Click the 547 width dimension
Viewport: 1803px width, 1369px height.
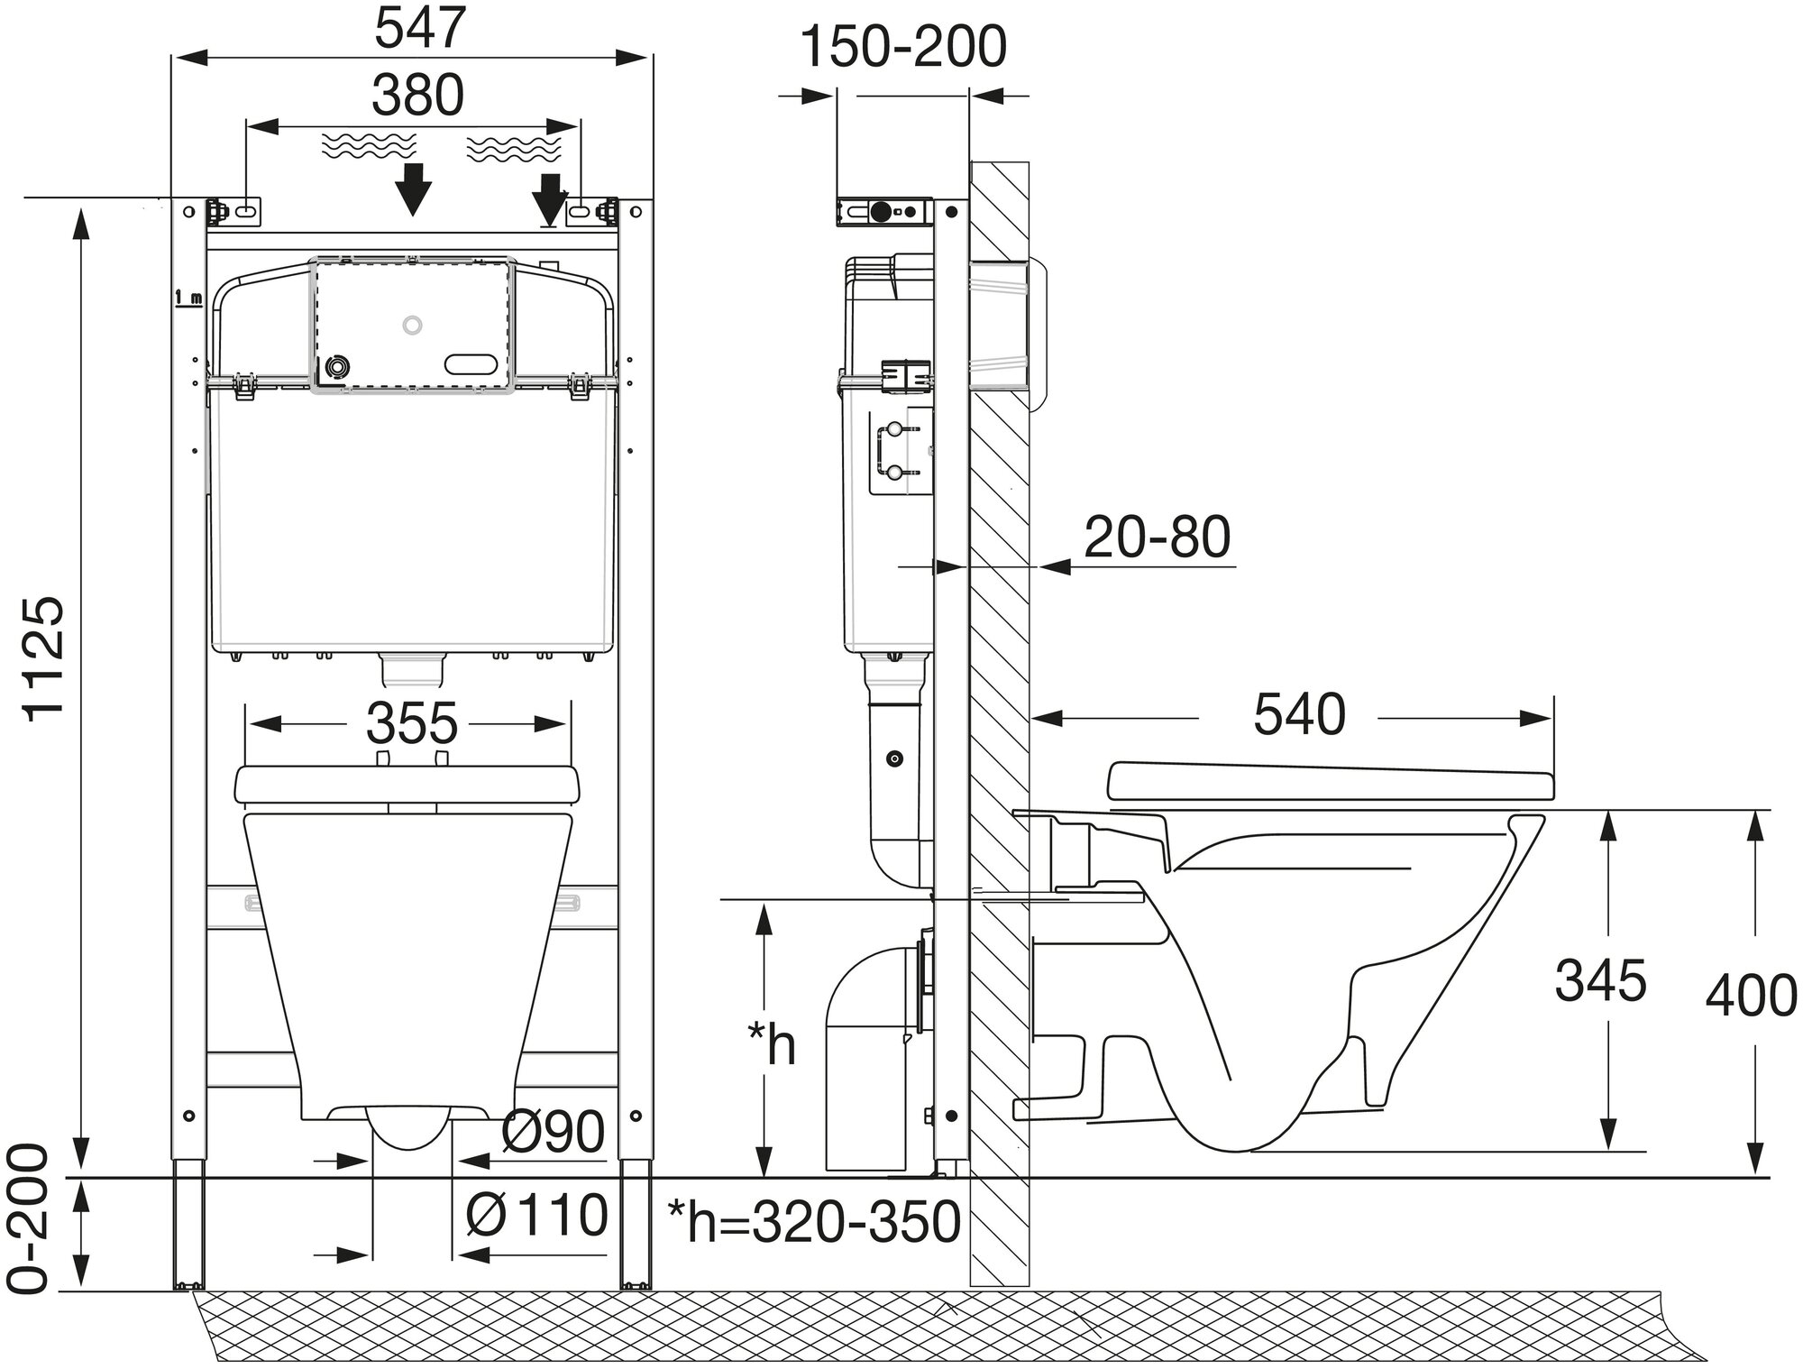click(418, 30)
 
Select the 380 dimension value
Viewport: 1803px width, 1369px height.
click(417, 96)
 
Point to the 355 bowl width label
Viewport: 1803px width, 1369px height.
click(412, 723)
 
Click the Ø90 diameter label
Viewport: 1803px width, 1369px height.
click(553, 1131)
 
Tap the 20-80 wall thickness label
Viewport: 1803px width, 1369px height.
click(1157, 537)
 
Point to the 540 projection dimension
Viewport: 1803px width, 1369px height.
click(1299, 714)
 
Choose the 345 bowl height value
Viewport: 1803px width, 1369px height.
click(1600, 980)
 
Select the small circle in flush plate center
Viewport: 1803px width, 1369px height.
click(413, 325)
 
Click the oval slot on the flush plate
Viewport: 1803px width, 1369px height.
click(470, 364)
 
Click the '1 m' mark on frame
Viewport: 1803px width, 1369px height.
click(189, 298)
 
